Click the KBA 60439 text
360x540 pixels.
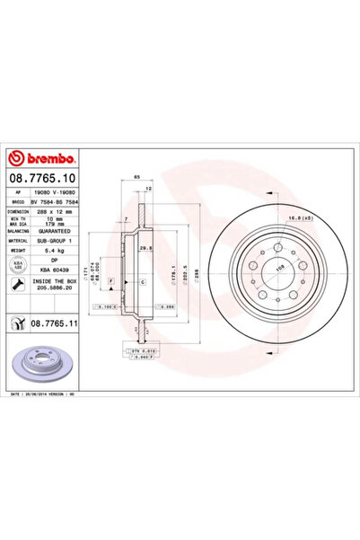(x=57, y=270)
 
